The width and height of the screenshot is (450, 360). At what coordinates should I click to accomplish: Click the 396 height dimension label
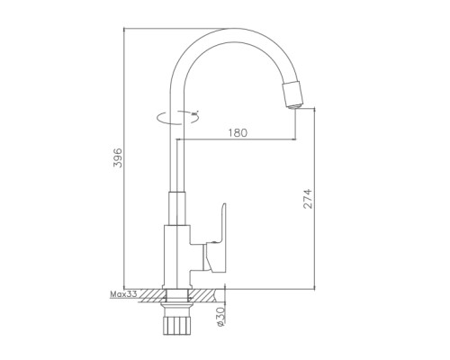coord(118,157)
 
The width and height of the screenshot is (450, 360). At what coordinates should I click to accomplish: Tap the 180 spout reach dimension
coord(238,132)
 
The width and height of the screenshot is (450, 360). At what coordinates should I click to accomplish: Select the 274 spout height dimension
coord(308,199)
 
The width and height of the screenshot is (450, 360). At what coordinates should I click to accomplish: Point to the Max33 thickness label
coord(123,294)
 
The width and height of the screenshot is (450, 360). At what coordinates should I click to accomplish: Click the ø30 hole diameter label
coord(220,317)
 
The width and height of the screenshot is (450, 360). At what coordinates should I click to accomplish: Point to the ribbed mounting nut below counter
coord(176,324)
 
